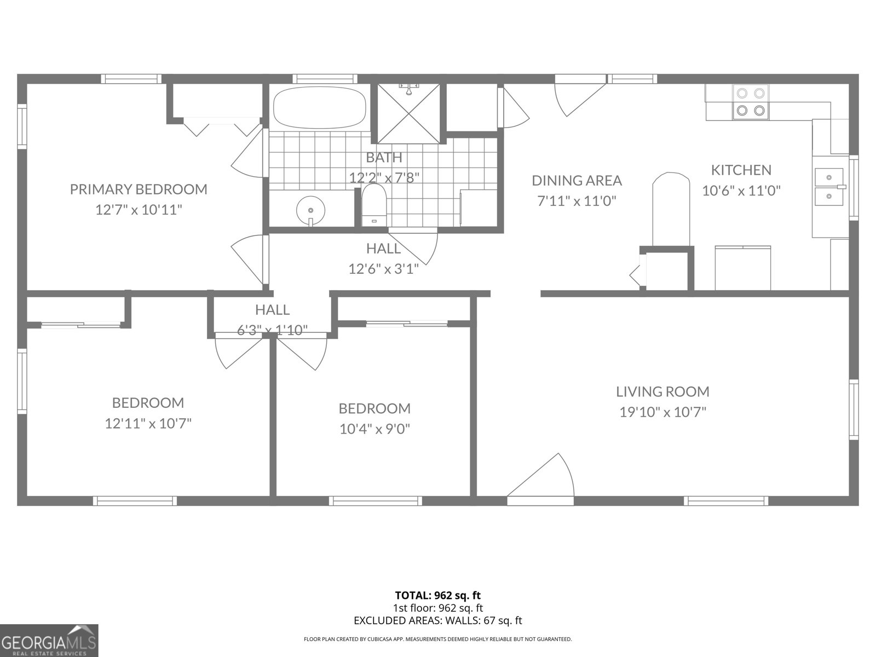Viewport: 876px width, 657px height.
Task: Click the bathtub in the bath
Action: (x=319, y=107)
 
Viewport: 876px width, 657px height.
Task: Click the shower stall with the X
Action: (x=408, y=113)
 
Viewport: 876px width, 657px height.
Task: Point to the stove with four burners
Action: (x=750, y=102)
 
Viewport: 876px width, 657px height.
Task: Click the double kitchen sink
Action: (x=830, y=187)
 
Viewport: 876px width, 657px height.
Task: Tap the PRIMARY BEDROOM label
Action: (x=139, y=189)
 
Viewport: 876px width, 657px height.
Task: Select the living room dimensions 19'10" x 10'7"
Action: (x=662, y=412)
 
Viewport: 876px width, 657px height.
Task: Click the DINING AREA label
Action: (x=577, y=180)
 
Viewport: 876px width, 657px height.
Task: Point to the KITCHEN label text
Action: (x=741, y=170)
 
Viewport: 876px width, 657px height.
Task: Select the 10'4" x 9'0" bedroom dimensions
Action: (x=374, y=429)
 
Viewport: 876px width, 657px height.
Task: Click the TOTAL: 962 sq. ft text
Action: (x=437, y=595)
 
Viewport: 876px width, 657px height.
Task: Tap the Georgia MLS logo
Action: (x=49, y=641)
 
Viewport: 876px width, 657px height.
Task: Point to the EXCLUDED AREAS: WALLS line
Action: (x=437, y=620)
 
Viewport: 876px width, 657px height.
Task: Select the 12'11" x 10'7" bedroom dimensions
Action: (x=148, y=423)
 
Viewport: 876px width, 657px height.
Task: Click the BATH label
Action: (x=384, y=158)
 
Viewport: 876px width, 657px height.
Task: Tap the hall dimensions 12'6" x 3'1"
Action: (x=383, y=269)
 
